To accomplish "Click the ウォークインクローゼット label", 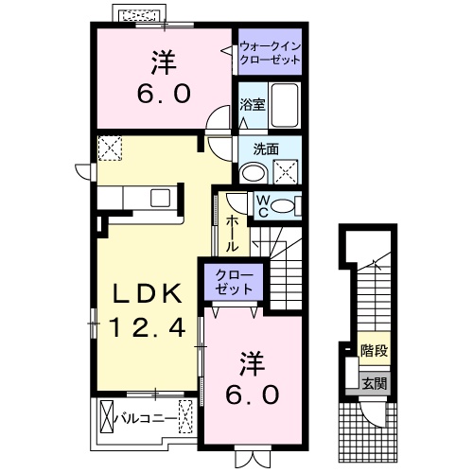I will point(270,53).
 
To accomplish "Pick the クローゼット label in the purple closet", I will point(232,283).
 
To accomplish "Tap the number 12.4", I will point(148,328).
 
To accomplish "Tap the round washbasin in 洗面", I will point(252,172).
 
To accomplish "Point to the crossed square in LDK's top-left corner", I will point(110,149).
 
